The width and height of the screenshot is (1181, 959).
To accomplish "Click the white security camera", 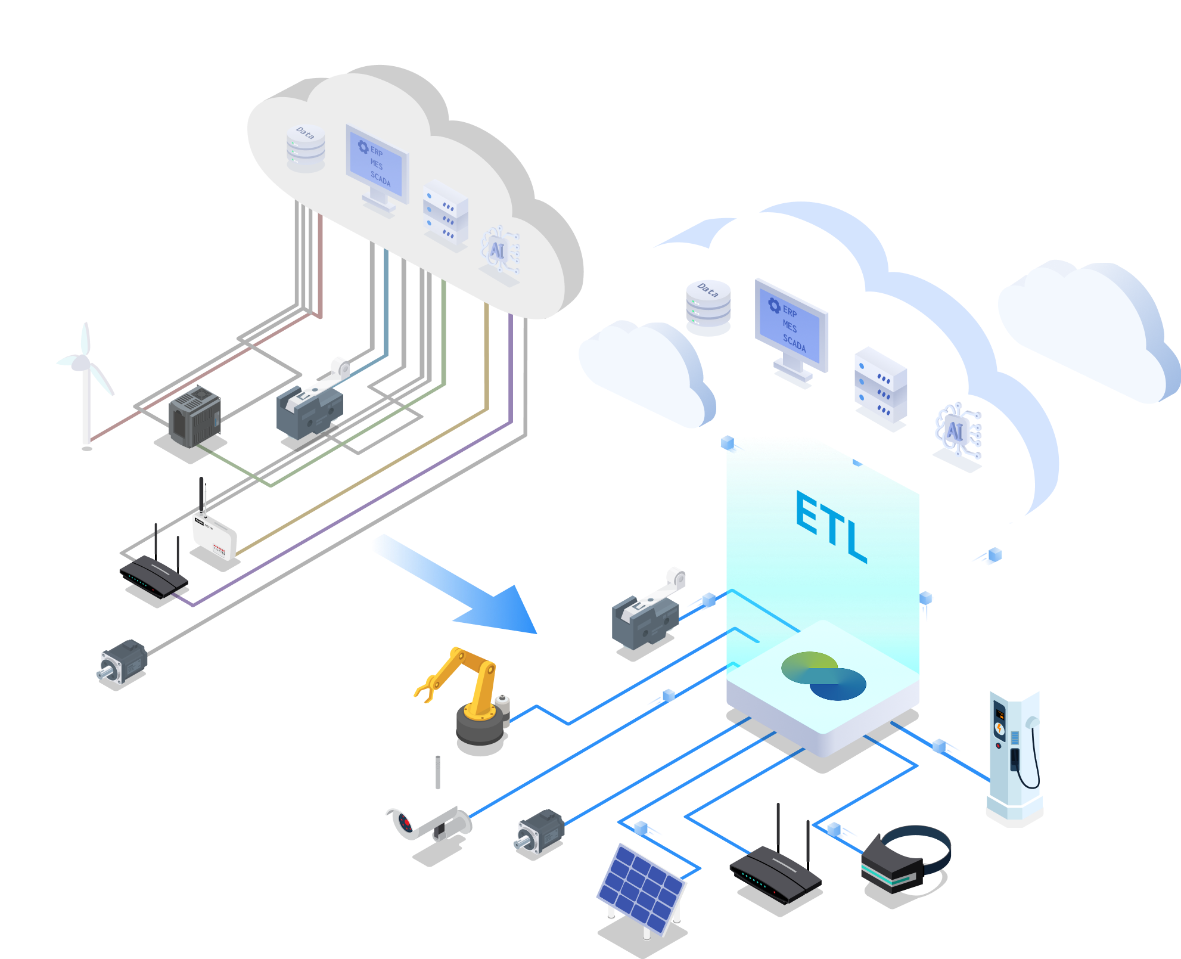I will coord(426,811).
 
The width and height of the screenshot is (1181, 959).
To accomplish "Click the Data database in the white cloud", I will coord(708,308).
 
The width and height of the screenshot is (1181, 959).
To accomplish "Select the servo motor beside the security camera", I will coord(540,831).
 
